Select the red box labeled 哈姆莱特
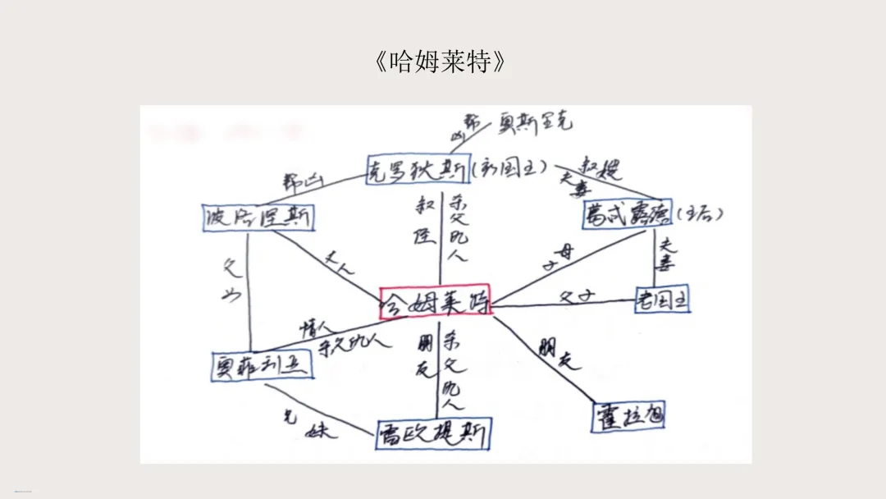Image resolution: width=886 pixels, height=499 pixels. point(435,302)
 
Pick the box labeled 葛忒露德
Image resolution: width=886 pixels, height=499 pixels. point(627,214)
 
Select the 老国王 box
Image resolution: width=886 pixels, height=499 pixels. point(662,300)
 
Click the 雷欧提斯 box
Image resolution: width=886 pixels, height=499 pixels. point(432,434)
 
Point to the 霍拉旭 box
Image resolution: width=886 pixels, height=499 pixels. point(628,416)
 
